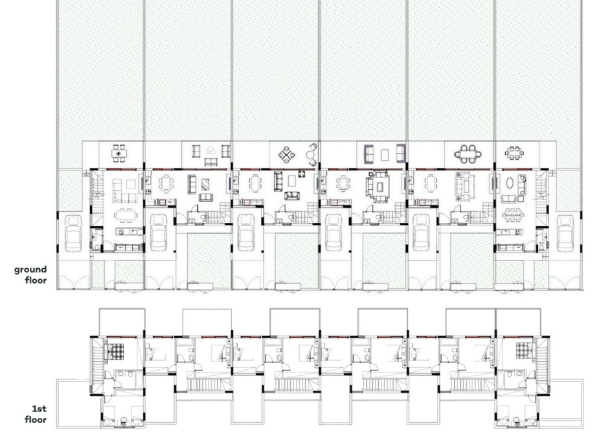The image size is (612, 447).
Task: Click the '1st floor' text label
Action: coord(36,414)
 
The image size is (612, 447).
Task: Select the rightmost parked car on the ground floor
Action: coord(565,233)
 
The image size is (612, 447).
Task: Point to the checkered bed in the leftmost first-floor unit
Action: coord(117,352)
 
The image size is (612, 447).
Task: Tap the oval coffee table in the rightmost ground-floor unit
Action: coord(512,184)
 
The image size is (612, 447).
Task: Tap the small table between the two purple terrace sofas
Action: coord(385,154)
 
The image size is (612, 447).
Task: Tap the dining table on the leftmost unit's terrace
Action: coord(119,154)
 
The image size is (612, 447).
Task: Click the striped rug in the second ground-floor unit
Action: coord(203,183)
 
